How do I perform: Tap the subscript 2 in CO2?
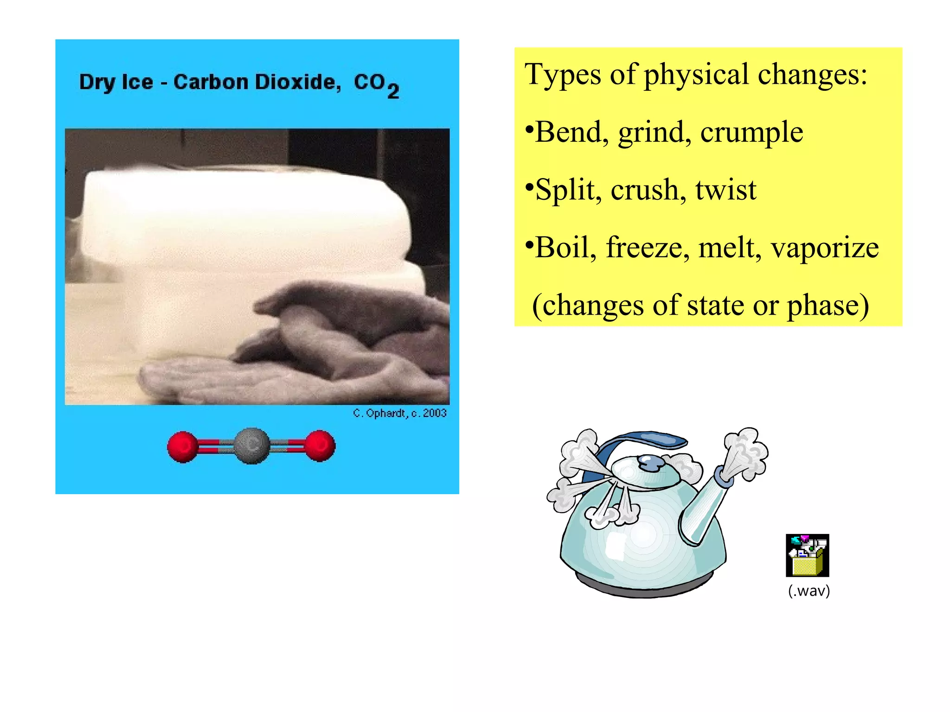[393, 91]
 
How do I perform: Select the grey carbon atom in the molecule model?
[251, 446]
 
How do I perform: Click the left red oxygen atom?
[182, 447]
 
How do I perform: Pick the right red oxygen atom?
[320, 446]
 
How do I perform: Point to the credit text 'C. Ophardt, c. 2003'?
[399, 413]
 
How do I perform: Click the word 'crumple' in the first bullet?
[751, 133]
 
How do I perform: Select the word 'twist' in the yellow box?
[725, 190]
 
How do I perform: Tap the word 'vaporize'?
[825, 248]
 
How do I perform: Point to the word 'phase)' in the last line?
[828, 306]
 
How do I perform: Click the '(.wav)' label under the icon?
[809, 591]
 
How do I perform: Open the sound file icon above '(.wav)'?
[807, 555]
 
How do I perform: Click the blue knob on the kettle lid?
[650, 463]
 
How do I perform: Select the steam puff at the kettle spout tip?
[745, 453]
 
